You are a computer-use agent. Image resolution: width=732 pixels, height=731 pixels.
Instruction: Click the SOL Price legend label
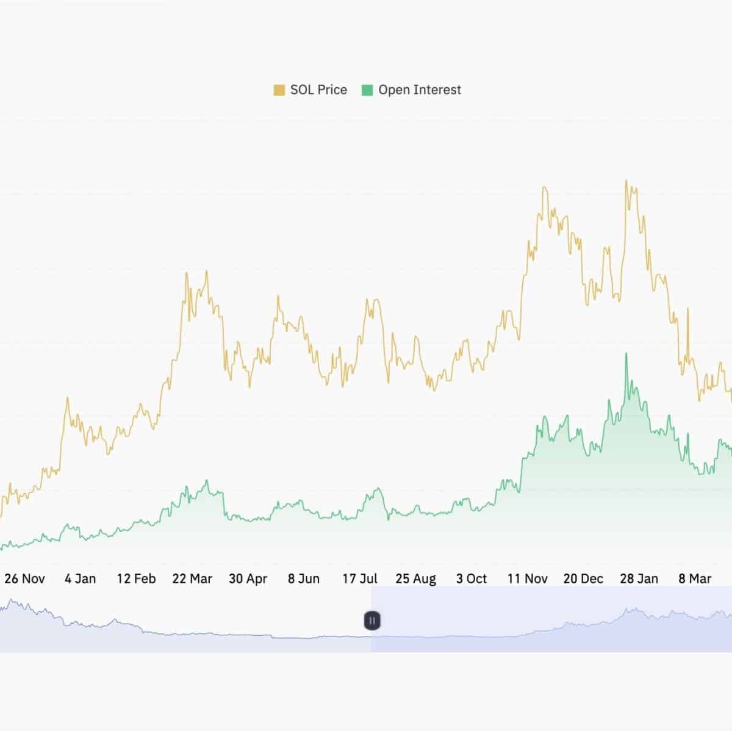318,90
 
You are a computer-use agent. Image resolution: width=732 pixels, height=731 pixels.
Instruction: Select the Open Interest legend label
420,90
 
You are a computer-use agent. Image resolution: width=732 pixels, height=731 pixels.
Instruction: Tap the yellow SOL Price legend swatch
279,90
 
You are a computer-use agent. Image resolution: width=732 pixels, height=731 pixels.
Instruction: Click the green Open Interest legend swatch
367,90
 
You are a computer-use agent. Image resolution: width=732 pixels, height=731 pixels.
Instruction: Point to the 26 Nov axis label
24,578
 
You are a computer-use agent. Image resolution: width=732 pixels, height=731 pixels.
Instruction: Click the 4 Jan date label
81,578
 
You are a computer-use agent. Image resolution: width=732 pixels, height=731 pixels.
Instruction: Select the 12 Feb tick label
136,578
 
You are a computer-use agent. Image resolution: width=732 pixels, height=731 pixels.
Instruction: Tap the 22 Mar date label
192,578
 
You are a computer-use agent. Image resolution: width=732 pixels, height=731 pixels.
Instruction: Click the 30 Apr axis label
248,578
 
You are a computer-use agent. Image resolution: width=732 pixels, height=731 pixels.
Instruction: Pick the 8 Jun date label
304,578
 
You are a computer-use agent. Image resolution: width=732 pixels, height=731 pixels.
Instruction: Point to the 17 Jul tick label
360,578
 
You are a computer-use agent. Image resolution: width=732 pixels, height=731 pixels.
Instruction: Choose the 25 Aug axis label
415,578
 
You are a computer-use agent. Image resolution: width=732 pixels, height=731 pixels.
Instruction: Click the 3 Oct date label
472,578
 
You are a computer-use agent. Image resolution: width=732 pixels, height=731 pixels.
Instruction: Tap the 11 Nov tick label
528,578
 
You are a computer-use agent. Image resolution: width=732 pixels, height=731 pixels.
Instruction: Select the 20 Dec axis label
583,578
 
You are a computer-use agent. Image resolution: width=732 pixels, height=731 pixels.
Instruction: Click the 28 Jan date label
639,578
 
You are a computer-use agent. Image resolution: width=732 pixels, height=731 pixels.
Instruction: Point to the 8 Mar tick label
695,578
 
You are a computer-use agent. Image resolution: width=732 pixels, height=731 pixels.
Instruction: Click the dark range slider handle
372,621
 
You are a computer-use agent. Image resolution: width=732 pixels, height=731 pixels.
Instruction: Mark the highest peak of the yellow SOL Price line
626,181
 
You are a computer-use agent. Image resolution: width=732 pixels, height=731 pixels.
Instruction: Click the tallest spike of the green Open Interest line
626,353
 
